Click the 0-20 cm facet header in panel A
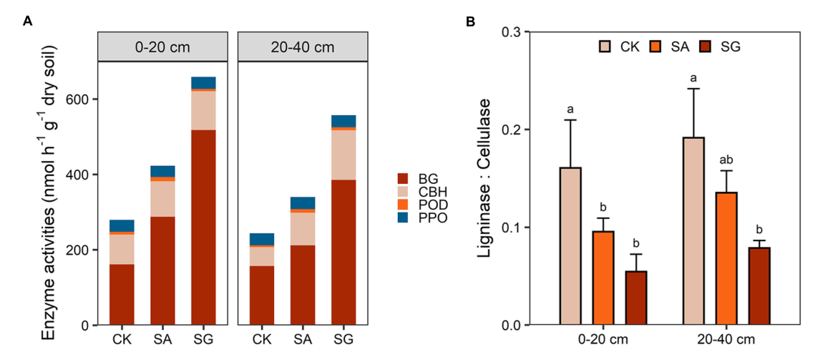coord(162,47)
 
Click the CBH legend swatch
coord(403,192)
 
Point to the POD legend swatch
coord(403,205)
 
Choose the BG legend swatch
coord(403,178)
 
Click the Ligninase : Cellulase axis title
coord(487,180)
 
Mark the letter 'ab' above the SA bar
coord(727,161)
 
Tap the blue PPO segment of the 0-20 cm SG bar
coord(204,82)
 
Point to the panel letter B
coord(471,21)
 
